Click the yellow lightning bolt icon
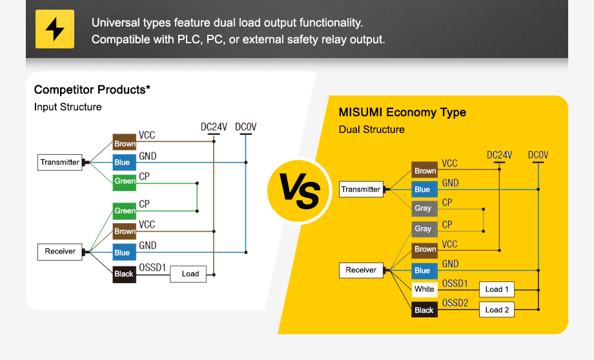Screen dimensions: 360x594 [x=55, y=29]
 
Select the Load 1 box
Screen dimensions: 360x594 [x=497, y=289]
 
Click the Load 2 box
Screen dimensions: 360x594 [x=497, y=310]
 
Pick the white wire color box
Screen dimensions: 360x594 [x=424, y=289]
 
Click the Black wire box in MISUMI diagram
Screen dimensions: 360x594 [x=424, y=310]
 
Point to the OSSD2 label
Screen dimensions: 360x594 [x=455, y=303]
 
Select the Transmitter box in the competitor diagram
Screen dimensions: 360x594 [x=60, y=162]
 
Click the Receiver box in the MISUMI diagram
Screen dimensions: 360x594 [x=361, y=270]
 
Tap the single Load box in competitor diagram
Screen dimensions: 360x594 [x=190, y=274]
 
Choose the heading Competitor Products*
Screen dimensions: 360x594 [x=92, y=90]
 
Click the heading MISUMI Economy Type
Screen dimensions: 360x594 [x=402, y=112]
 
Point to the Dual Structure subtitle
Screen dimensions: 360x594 [x=372, y=130]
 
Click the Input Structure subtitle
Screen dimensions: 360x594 [x=68, y=107]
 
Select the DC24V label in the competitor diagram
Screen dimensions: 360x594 [x=214, y=127]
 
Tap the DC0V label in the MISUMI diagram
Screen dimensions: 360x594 [x=538, y=155]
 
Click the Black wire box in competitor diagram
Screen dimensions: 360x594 [x=124, y=274]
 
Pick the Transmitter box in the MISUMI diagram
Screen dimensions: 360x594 [x=361, y=189]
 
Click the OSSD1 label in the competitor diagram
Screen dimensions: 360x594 [x=153, y=266]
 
